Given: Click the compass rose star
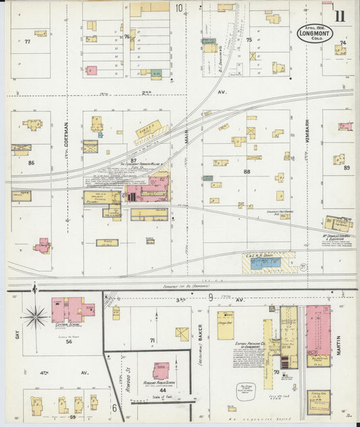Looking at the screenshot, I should tap(35, 315).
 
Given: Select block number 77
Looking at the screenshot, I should tap(27, 42).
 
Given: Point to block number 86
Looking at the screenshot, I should tap(30, 163).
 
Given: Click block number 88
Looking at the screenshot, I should tap(247, 172).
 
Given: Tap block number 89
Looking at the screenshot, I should tap(346, 168).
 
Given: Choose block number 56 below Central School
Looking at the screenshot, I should tap(69, 342).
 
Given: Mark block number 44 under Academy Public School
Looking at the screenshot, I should tap(162, 391).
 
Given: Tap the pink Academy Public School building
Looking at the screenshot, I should tap(160, 370).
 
